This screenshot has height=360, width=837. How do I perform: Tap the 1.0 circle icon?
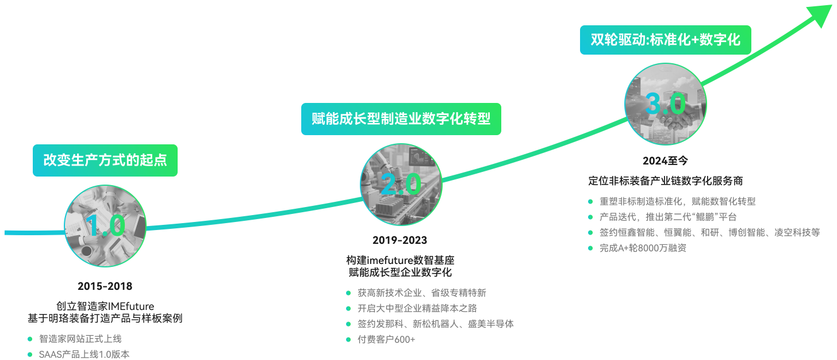[x=105, y=225]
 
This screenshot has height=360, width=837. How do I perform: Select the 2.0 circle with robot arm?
[x=401, y=184]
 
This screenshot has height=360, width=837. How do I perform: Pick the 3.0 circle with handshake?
[x=665, y=104]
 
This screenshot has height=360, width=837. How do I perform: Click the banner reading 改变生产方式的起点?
[x=105, y=160]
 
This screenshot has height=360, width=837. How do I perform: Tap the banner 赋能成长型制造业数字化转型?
[x=401, y=119]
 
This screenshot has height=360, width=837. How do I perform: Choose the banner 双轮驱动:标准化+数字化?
[x=665, y=40]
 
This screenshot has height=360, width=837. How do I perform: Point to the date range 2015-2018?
[x=105, y=286]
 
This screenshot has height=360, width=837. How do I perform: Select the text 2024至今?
[x=665, y=160]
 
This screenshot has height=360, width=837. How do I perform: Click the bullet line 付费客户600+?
[x=386, y=340]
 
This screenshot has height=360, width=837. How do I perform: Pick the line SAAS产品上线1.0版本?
[x=85, y=354]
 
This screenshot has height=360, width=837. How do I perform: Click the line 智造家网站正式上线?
[x=80, y=339]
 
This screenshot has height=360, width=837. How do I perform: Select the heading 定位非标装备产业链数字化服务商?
[x=665, y=181]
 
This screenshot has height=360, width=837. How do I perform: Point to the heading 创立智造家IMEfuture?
[x=105, y=306]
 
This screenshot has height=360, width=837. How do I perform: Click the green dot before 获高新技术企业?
[x=349, y=293]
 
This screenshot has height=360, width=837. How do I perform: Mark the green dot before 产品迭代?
[x=590, y=217]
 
